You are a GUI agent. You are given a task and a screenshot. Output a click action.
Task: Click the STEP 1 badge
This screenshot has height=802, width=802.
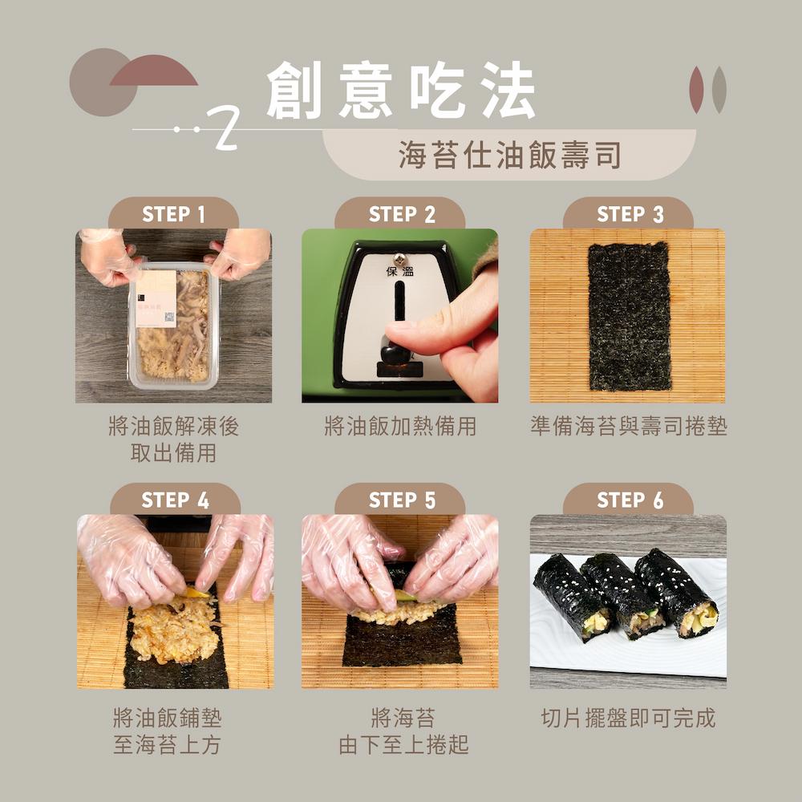tap(173, 214)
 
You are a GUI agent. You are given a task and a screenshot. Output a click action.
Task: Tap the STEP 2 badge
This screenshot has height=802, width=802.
tap(401, 214)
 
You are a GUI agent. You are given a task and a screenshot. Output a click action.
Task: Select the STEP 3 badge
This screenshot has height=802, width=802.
tap(630, 214)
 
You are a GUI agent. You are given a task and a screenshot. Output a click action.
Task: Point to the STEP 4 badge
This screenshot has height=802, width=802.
tap(175, 500)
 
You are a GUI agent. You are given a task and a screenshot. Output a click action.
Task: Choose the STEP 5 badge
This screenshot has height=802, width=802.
tap(401, 500)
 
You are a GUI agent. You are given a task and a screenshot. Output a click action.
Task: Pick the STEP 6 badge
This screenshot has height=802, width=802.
tap(630, 500)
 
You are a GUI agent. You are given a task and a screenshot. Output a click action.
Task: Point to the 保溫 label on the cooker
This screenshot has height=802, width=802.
tap(400, 270)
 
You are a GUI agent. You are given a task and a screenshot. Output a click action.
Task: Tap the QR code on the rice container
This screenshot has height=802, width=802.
tap(169, 317)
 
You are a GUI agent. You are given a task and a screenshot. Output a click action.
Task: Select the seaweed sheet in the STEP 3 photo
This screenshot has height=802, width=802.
tap(628, 315)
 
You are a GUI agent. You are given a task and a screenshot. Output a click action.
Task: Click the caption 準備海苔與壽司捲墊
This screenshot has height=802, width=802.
tap(628, 426)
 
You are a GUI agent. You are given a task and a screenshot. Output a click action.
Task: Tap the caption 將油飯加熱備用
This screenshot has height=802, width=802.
tap(399, 426)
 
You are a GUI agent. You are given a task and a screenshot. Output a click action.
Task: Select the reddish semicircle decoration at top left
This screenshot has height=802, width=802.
tap(153, 73)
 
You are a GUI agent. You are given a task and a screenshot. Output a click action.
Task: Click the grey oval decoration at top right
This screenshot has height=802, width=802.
tap(719, 89)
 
